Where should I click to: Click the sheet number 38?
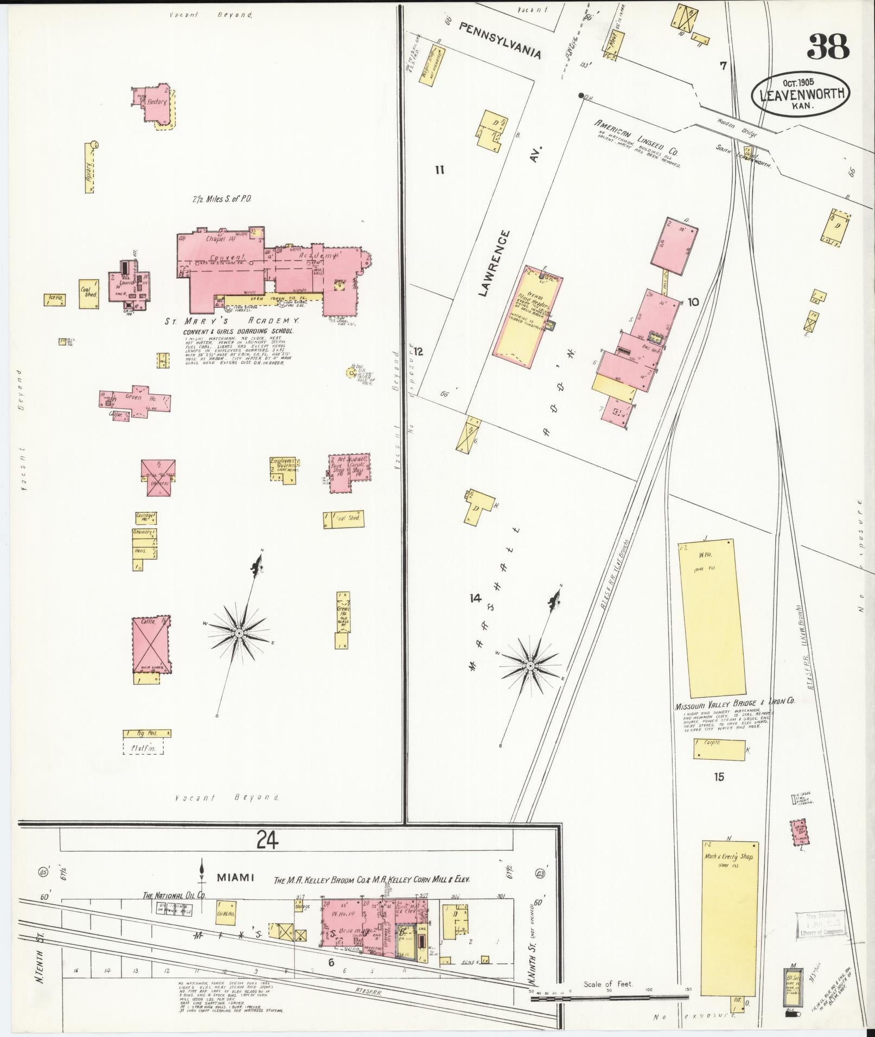pos(827,47)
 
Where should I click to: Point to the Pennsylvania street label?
pos(500,41)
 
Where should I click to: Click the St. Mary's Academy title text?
pos(232,321)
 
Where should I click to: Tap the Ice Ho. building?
pos(55,300)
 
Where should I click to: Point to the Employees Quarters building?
pos(284,469)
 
